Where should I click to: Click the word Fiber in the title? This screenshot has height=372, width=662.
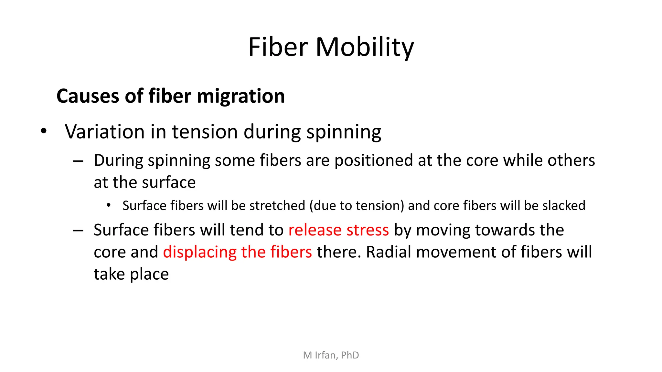(278, 47)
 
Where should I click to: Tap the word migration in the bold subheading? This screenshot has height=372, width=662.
(240, 96)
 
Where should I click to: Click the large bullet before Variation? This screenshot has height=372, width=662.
(44, 131)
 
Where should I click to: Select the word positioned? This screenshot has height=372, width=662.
(374, 160)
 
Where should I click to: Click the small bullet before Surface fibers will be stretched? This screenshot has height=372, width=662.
(109, 205)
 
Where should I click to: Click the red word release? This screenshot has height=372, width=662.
(315, 230)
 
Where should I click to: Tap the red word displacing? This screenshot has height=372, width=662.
(200, 252)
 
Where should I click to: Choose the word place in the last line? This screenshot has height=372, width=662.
(149, 274)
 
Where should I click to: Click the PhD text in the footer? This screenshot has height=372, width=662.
(350, 355)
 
